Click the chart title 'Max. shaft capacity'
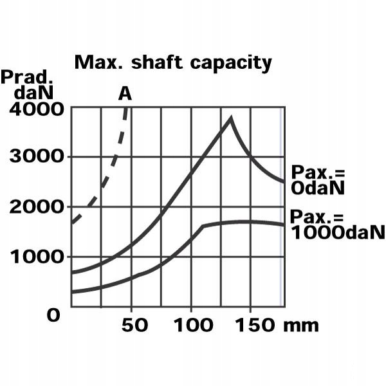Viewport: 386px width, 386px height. [x=173, y=62]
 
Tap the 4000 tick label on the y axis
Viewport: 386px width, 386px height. [x=37, y=109]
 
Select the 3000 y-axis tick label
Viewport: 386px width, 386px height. [x=37, y=158]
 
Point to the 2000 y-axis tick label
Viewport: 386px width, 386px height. [x=37, y=207]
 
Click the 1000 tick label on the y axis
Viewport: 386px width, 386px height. [x=37, y=257]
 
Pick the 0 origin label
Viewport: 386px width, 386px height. [x=55, y=315]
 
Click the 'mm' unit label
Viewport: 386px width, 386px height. [x=302, y=326]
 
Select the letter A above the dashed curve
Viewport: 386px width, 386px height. [x=125, y=94]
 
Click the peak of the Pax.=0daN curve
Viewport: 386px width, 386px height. [x=230, y=118]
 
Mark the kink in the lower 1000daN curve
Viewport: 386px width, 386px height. [x=203, y=226]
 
